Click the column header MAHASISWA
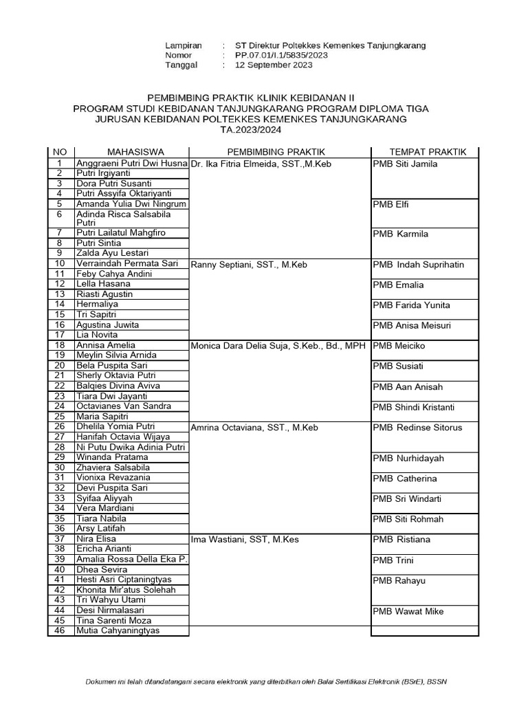131,152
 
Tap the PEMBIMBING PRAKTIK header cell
276,152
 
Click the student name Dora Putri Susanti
114,184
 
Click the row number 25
60,416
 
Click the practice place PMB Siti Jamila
405,164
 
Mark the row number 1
60,164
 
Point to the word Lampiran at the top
184,45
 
